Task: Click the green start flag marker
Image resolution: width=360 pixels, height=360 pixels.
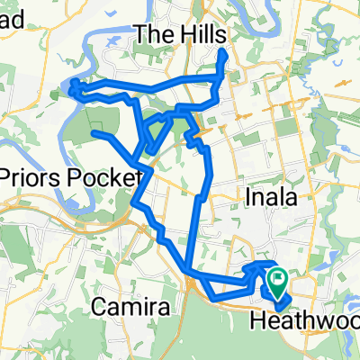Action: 277,287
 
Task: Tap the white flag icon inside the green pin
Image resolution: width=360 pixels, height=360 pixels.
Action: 277,282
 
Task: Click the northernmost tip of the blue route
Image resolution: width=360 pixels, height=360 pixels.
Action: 222,53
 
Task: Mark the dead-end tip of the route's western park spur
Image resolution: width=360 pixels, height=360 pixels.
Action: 94,133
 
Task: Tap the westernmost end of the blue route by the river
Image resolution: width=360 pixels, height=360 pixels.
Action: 71,86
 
